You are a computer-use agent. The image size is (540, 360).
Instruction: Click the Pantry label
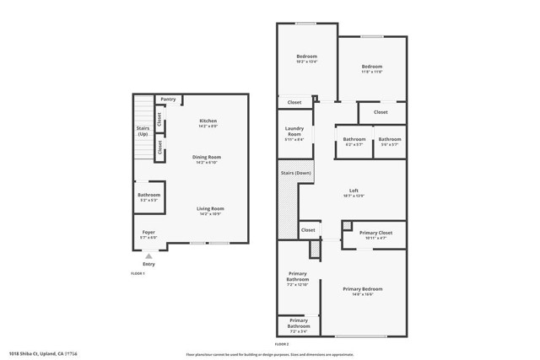[168, 99]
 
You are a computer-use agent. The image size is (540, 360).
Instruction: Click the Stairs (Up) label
[143, 131]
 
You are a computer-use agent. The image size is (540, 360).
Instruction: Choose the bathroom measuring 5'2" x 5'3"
[148, 197]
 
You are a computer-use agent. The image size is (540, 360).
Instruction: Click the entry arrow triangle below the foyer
[149, 255]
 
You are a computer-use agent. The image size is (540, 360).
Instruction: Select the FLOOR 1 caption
[138, 274]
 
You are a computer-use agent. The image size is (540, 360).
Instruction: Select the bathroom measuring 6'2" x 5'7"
[354, 142]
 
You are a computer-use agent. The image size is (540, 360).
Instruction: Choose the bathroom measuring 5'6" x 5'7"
[390, 142]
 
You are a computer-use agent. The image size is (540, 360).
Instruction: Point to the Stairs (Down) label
[295, 173]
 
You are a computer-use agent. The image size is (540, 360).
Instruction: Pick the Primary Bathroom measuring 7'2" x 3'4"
[299, 323]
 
